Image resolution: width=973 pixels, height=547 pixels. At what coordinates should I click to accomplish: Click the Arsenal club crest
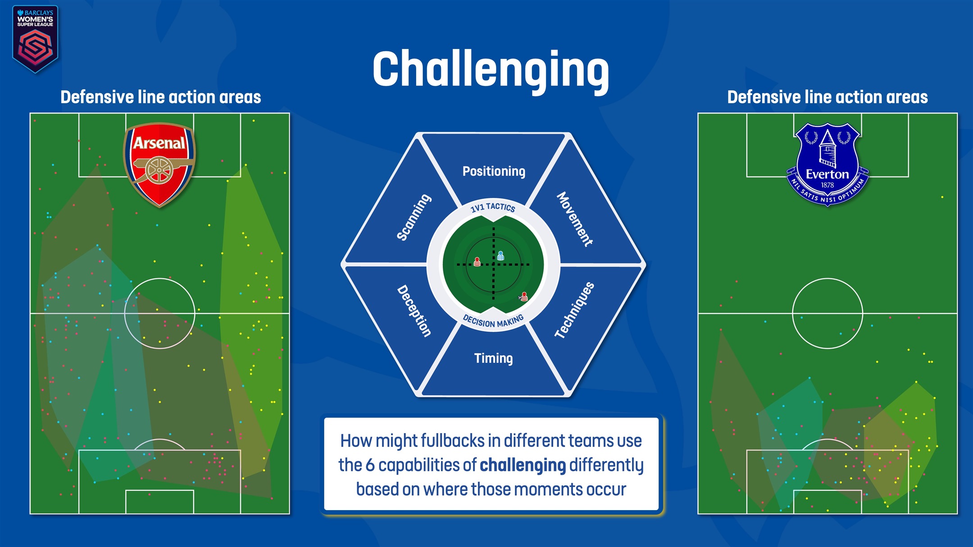159,164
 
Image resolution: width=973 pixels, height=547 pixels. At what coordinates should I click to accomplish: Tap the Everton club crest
827,164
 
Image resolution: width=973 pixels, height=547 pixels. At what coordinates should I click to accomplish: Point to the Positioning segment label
494,172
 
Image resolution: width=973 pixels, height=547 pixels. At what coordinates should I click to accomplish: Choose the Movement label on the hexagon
575,219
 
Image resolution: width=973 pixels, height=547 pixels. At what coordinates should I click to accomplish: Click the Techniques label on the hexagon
574,310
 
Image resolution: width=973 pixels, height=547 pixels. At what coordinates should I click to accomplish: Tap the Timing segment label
493,358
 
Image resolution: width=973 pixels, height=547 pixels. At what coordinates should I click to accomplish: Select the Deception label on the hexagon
414,311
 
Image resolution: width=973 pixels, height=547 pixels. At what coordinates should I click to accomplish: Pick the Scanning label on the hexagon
414,217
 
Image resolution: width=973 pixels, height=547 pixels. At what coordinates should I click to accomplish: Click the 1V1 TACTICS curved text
493,207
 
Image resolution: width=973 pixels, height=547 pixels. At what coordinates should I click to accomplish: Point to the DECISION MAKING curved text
493,321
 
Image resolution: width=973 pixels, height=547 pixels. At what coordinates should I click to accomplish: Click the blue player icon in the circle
500,256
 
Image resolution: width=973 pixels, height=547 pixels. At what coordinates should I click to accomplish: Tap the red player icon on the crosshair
477,262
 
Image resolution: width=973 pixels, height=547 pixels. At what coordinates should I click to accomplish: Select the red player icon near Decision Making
524,296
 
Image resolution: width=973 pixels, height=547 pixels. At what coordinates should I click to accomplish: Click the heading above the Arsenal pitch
161,97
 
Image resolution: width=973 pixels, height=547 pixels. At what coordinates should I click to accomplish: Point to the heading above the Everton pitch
828,97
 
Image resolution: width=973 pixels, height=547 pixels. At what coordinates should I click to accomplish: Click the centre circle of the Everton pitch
827,313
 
